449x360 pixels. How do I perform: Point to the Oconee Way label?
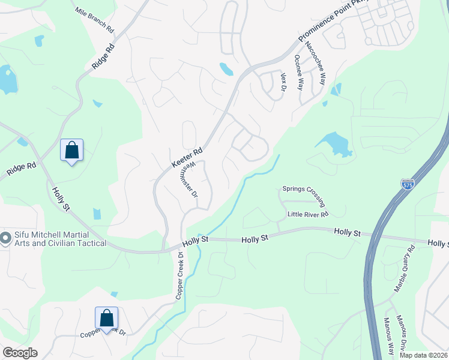pyautogui.click(x=299, y=71)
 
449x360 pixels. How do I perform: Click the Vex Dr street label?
pyautogui.click(x=284, y=82)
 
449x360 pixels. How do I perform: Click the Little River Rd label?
pyautogui.click(x=307, y=214)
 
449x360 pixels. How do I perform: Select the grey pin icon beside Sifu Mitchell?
pyautogui.click(x=5, y=239)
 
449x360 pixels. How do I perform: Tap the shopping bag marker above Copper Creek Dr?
pyautogui.click(x=106, y=319)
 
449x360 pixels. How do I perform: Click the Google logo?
pyautogui.click(x=19, y=353)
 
